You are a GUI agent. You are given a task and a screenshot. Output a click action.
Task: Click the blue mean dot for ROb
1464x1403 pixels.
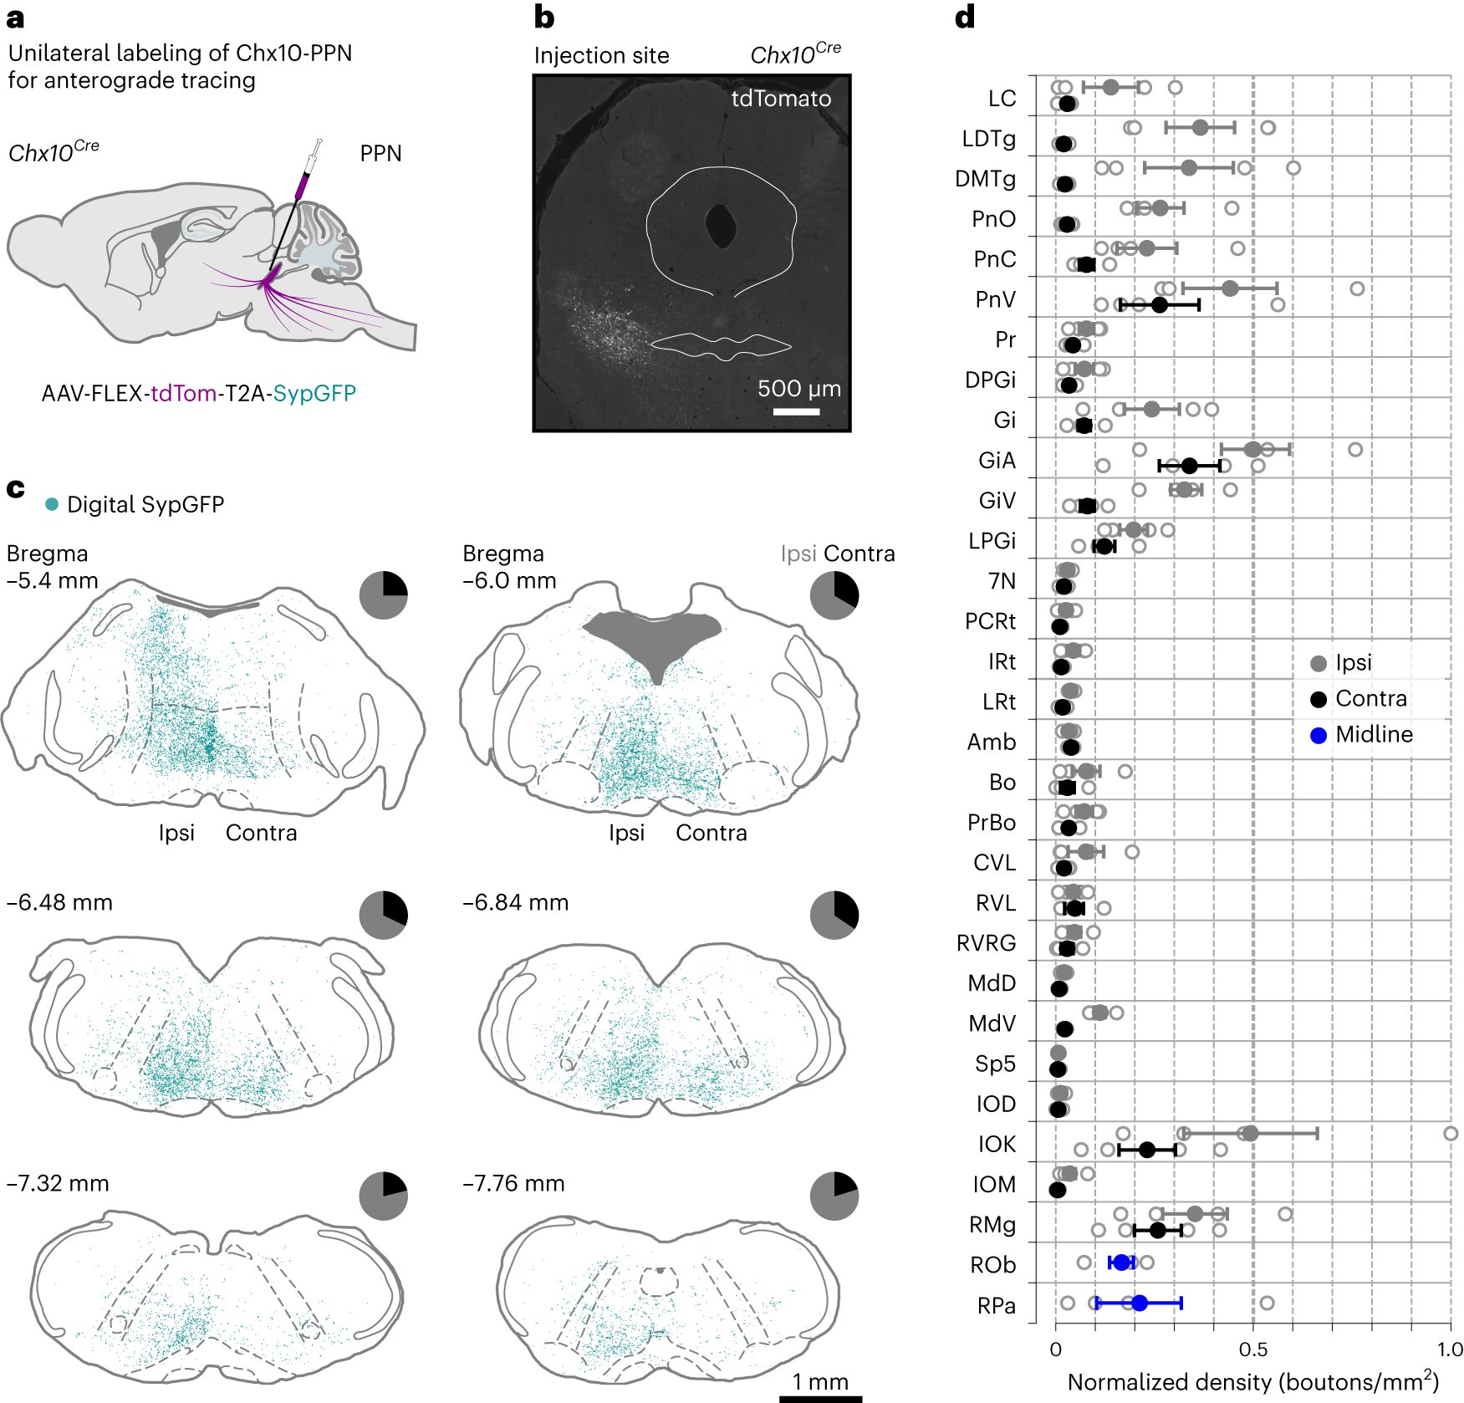pos(1121,1263)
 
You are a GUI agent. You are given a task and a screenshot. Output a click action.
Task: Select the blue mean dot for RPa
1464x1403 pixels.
pos(1139,1303)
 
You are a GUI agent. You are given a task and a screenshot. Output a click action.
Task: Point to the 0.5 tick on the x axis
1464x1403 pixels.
pos(1252,1349)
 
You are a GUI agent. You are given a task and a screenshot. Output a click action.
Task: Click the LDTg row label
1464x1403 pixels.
pos(989,139)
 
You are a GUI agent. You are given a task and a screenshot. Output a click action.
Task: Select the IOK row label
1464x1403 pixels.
pos(997,1144)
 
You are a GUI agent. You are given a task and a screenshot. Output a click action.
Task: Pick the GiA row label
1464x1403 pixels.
pos(997,461)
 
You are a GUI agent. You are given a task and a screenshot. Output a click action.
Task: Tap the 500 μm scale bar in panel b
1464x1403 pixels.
pos(796,411)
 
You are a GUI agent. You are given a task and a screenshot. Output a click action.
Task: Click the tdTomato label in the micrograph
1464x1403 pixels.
pos(781,99)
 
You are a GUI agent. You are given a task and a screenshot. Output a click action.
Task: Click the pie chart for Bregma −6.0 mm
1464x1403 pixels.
pos(834,595)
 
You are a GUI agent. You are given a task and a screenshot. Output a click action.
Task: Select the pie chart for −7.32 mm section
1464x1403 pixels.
pos(383,1196)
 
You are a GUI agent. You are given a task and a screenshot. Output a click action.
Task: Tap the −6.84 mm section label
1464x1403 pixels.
pos(515,903)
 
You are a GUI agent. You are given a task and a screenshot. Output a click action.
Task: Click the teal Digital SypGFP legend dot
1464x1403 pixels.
pos(52,504)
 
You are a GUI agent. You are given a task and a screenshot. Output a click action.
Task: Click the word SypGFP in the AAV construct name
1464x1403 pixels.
pos(314,393)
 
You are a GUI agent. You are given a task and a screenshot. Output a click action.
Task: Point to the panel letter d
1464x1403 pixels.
pos(965,18)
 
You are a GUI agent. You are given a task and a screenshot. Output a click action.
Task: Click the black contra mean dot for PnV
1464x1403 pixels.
pos(1159,305)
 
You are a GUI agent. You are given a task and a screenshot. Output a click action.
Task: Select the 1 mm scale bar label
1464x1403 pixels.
pos(820,1381)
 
